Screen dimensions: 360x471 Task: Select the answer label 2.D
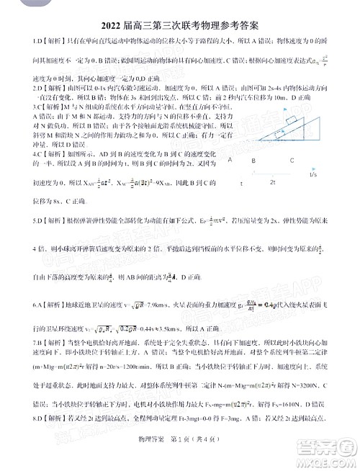click(x=17, y=88)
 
